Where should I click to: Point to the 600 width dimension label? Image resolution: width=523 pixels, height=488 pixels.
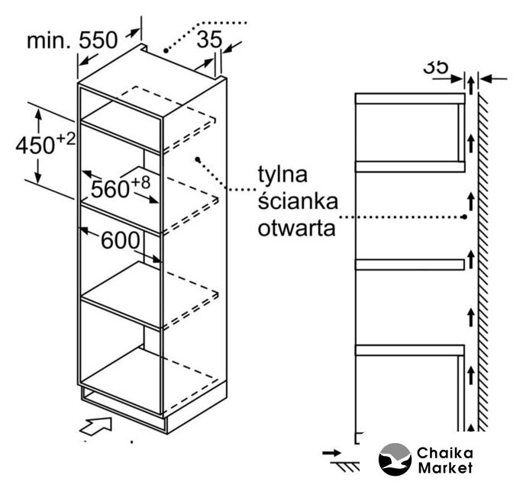[x=120, y=240]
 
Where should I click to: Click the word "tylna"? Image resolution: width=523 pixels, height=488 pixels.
[x=282, y=175]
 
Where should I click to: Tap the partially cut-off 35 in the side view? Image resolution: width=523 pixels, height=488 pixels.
[x=436, y=67]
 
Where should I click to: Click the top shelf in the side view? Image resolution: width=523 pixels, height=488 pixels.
[x=409, y=98]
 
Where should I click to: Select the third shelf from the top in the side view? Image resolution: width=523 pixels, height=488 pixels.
[x=409, y=264]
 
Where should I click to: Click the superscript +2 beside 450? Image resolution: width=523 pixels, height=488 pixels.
[x=66, y=138]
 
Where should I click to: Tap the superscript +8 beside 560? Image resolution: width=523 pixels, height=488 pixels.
[x=140, y=181]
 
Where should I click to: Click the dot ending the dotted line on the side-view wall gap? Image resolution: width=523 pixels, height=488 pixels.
[x=465, y=217]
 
